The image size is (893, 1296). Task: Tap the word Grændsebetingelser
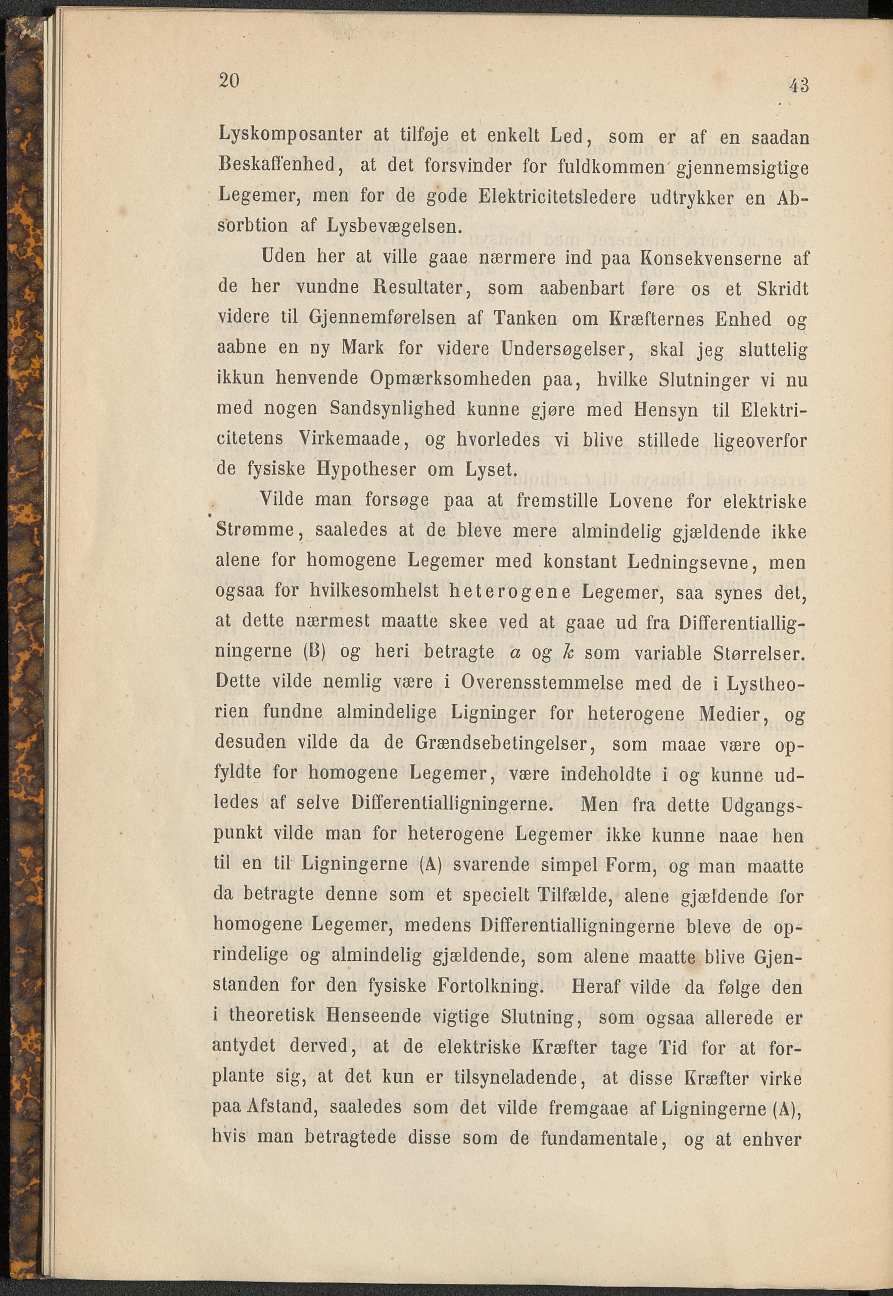click(509, 744)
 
